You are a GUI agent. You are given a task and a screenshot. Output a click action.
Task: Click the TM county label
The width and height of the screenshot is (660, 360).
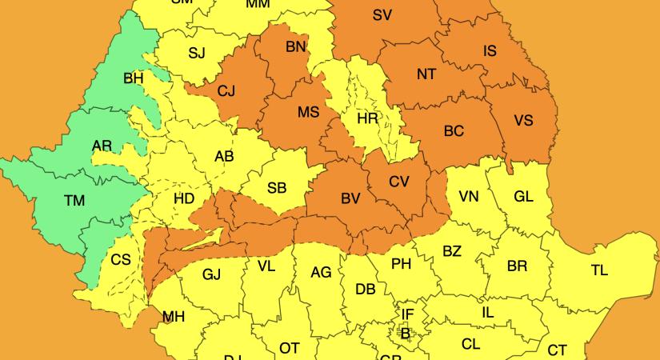tap(74, 201)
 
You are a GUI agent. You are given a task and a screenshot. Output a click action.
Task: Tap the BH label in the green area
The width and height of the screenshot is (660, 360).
tap(134, 78)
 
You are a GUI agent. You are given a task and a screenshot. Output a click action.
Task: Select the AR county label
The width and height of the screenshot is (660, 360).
tap(102, 146)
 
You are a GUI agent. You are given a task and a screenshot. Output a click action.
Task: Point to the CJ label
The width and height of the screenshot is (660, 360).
tap(226, 90)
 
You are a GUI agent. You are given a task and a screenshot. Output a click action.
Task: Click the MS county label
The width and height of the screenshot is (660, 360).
tap(309, 112)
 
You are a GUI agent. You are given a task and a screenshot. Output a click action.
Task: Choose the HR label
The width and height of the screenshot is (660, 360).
tap(367, 118)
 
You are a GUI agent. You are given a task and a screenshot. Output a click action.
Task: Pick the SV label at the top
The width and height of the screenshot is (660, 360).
tap(382, 14)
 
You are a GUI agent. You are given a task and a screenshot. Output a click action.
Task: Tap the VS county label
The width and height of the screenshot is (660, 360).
tap(523, 120)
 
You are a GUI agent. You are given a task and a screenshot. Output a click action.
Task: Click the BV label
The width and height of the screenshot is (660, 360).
tap(350, 198)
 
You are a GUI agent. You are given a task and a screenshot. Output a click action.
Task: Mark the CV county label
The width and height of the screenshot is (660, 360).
tap(399, 181)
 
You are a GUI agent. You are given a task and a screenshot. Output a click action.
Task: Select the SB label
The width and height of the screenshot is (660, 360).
tap(277, 188)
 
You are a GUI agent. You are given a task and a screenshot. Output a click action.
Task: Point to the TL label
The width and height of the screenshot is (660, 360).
tap(599, 270)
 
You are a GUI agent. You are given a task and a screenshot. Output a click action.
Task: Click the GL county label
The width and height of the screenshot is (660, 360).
tap(523, 196)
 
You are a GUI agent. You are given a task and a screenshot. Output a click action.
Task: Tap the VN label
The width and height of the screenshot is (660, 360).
tap(470, 196)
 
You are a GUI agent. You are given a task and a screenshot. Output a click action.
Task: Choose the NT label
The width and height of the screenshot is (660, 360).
tap(426, 74)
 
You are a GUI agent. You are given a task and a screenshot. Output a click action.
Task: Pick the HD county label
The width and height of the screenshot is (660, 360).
tap(184, 198)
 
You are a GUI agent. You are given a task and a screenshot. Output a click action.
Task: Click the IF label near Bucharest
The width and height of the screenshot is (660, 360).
tap(408, 314)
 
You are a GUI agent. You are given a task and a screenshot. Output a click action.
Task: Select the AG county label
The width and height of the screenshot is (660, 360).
tap(321, 273)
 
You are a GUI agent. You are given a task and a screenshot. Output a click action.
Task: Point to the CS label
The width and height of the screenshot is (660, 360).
tap(121, 259)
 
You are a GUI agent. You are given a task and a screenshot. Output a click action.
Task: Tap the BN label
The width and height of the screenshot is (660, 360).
tap(296, 46)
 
